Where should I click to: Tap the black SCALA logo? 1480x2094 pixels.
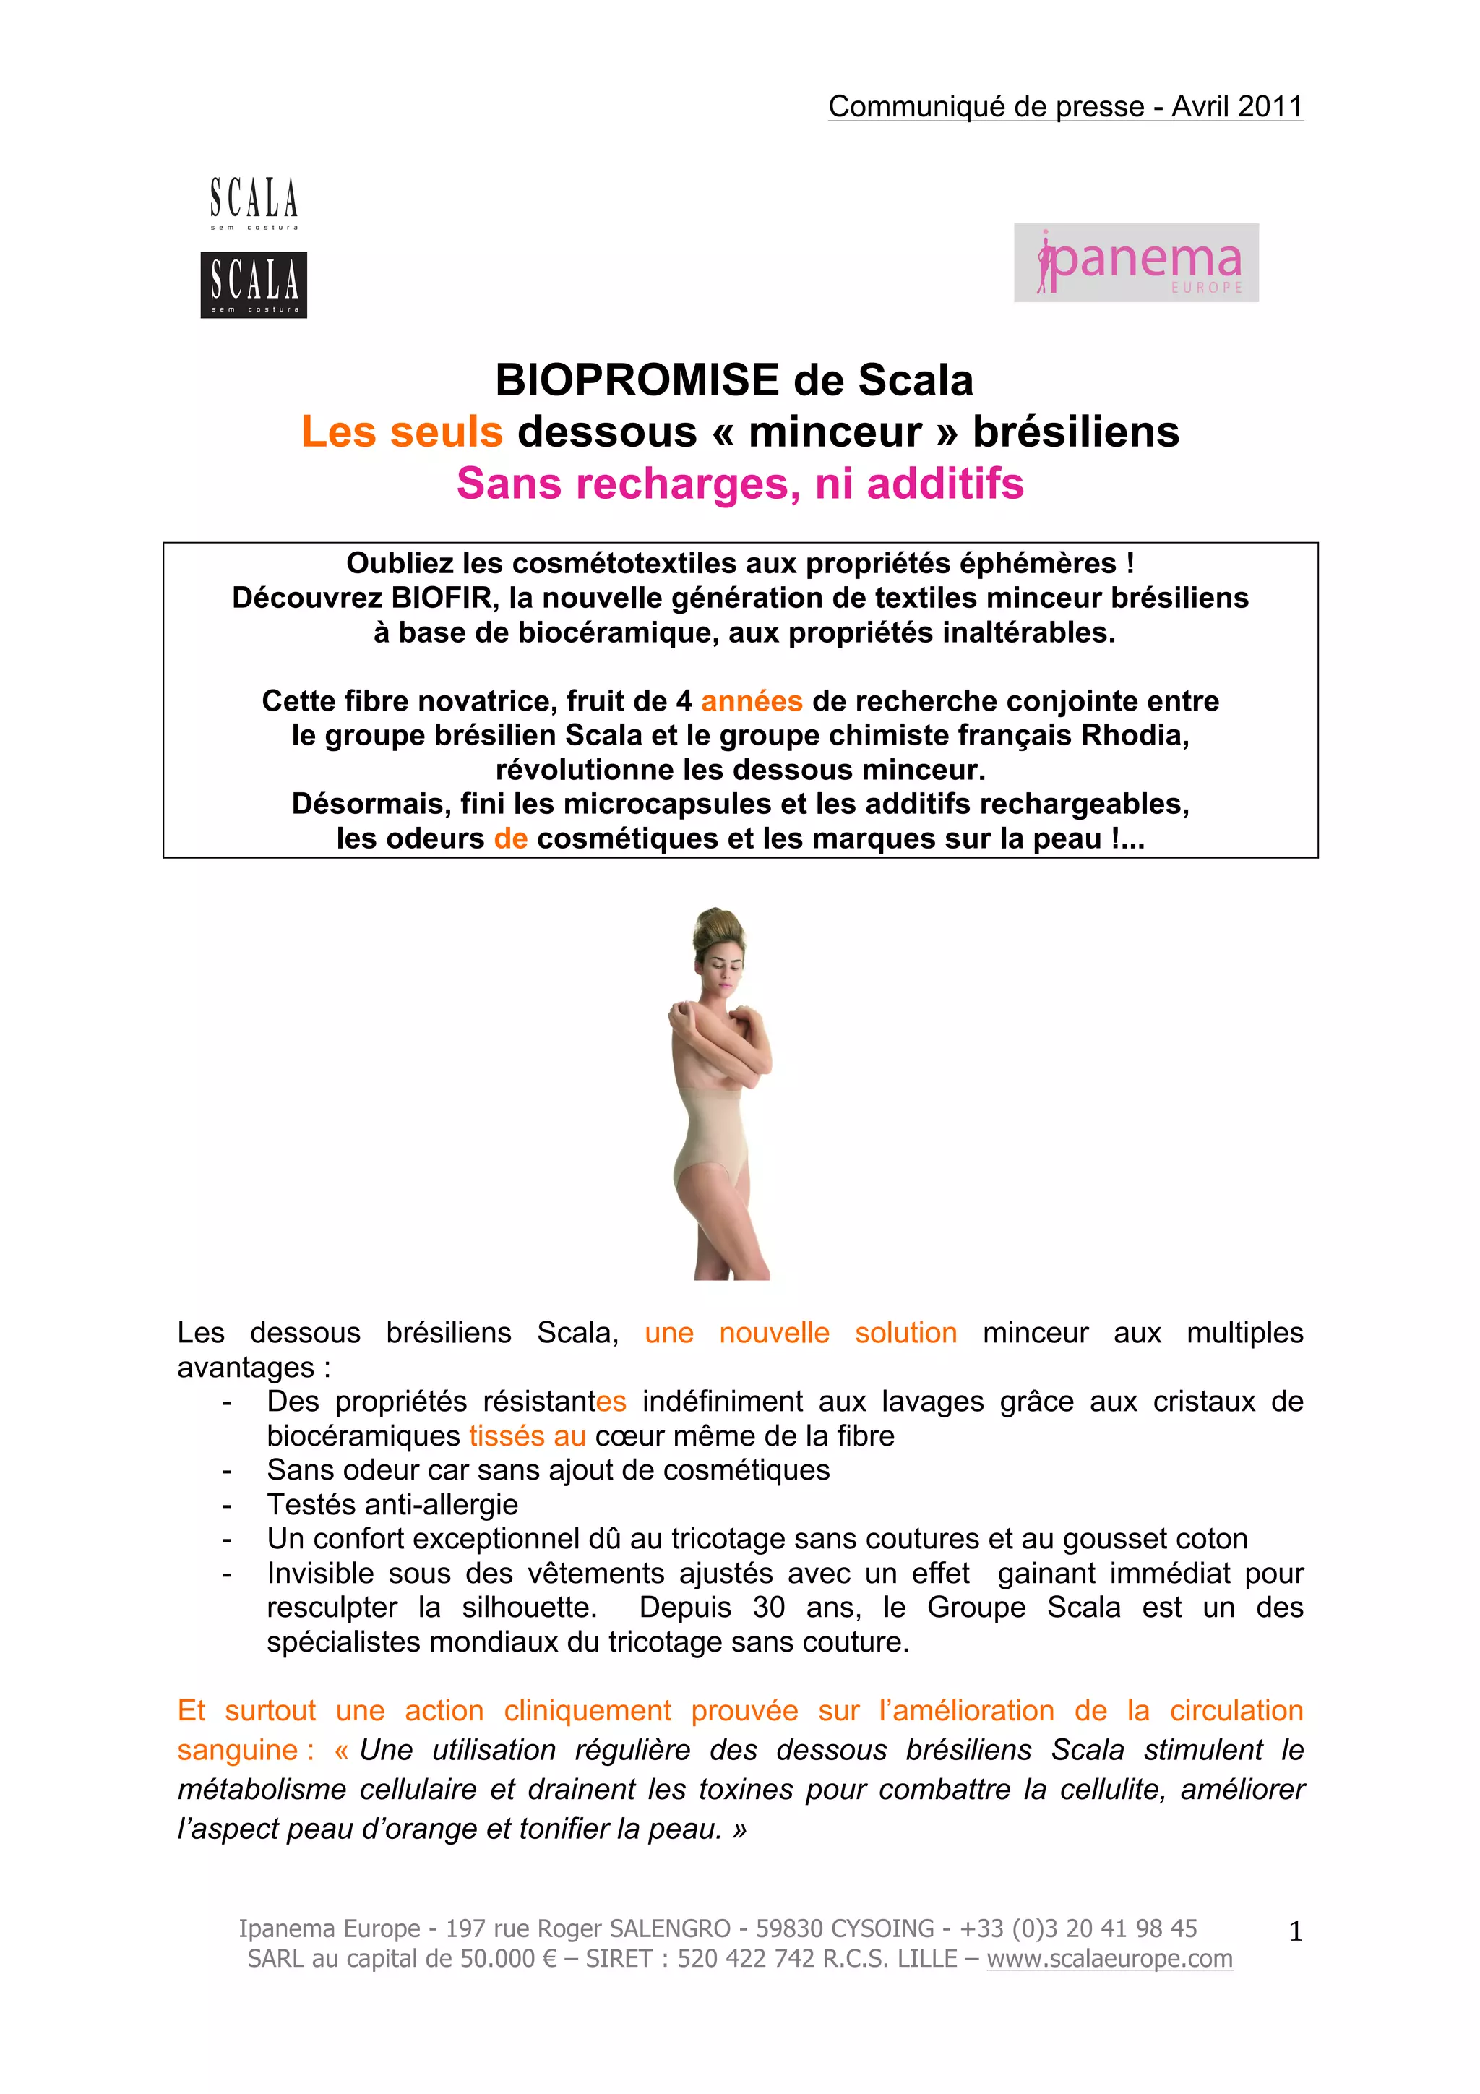pos(254,285)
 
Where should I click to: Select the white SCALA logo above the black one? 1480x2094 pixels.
pos(254,202)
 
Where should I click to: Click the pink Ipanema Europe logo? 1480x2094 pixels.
pos(1136,262)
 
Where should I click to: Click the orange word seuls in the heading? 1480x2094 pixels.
pos(446,432)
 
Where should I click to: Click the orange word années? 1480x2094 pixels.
pos(752,701)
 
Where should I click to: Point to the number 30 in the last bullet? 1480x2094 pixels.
pos(769,1607)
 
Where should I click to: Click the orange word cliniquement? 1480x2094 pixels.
pos(588,1711)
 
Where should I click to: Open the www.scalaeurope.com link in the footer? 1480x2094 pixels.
pos(1110,1958)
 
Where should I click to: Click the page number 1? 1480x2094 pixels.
pos(1295,1931)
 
